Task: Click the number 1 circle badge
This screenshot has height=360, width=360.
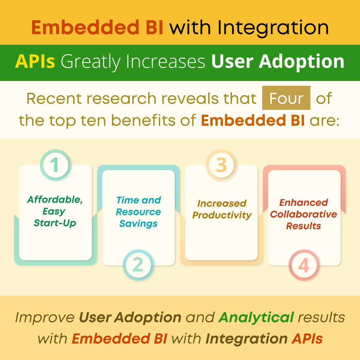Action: click(x=55, y=165)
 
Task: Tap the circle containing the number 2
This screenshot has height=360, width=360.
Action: click(x=138, y=265)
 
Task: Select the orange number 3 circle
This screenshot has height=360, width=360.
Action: click(x=221, y=165)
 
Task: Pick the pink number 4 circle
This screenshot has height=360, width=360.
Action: click(x=304, y=265)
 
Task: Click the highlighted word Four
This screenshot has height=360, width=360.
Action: click(x=286, y=98)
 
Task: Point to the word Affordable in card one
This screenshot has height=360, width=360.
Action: click(x=55, y=199)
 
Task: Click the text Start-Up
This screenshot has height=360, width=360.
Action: click(x=55, y=223)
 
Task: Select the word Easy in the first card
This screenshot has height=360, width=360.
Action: click(x=54, y=211)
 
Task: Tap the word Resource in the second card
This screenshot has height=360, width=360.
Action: click(x=138, y=212)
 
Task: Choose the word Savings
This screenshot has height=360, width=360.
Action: click(x=138, y=223)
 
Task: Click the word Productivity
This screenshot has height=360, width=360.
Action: click(x=222, y=215)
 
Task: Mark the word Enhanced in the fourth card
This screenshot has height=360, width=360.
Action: click(x=304, y=202)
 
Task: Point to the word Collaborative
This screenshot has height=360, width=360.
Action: click(x=304, y=214)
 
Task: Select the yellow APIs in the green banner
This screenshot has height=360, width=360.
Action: click(x=35, y=61)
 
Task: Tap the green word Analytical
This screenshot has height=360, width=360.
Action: click(x=256, y=317)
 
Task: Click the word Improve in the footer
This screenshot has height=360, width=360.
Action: click(x=45, y=317)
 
